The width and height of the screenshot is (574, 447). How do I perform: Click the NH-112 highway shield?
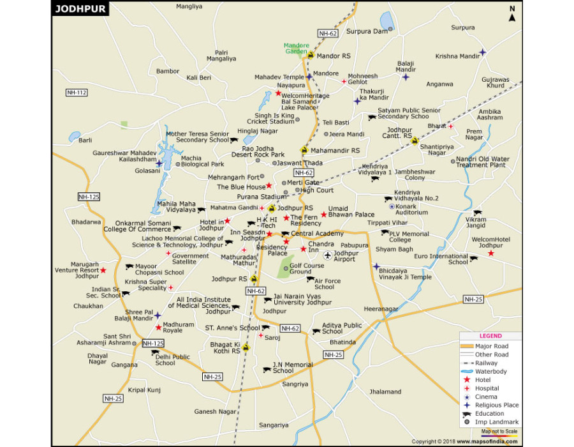(x=76, y=93)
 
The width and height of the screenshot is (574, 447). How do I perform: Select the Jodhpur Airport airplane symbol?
(x=328, y=255)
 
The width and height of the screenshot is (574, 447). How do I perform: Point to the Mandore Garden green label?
(x=297, y=49)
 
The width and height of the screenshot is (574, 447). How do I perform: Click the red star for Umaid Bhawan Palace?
(x=324, y=215)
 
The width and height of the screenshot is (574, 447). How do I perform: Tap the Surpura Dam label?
(x=367, y=31)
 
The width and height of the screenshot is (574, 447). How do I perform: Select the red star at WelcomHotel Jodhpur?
(x=491, y=254)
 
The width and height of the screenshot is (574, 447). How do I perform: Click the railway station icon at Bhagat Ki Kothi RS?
(x=245, y=348)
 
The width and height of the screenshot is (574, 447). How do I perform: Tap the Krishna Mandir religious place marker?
(x=483, y=52)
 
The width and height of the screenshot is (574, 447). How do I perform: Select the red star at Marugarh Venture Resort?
(x=103, y=270)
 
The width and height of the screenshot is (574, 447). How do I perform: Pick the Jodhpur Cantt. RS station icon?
(x=415, y=141)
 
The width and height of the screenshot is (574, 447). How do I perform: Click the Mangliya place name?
(x=189, y=6)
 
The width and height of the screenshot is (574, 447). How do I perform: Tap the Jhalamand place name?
(x=385, y=391)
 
